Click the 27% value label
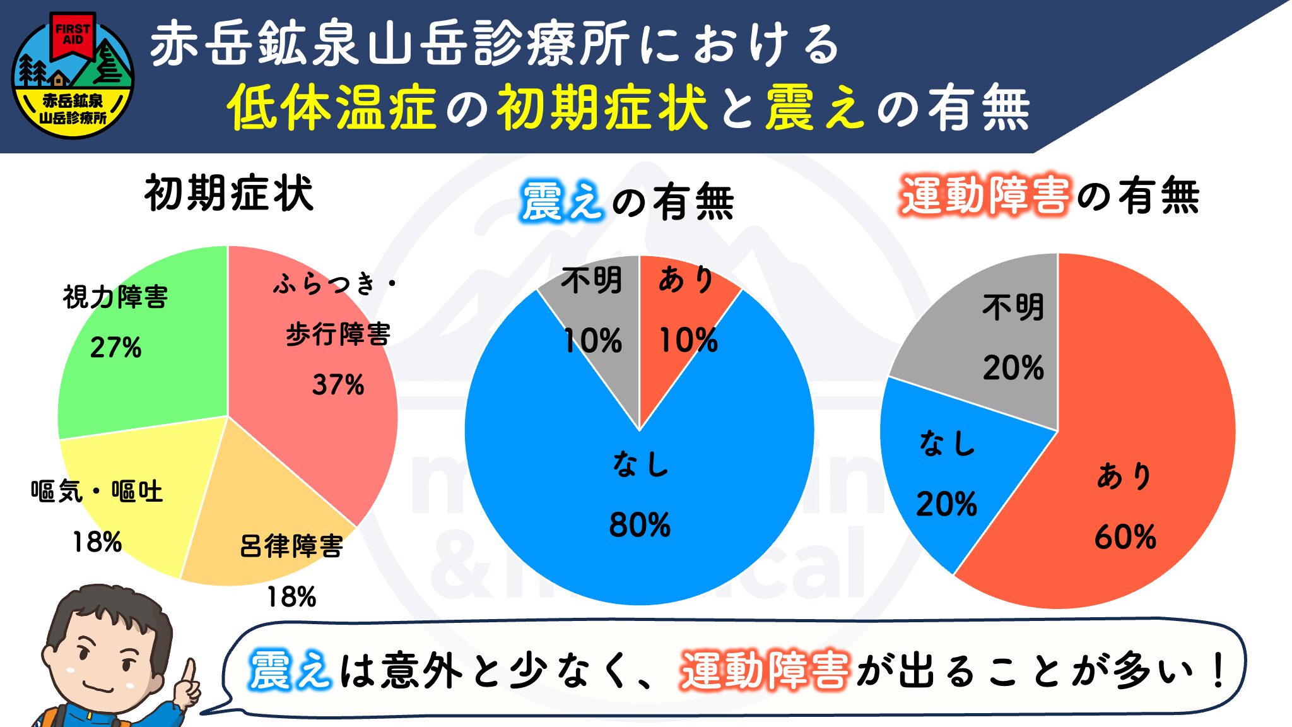(x=115, y=348)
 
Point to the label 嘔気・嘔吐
(x=97, y=492)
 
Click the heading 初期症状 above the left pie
(x=228, y=193)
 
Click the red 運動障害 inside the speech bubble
(x=765, y=670)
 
